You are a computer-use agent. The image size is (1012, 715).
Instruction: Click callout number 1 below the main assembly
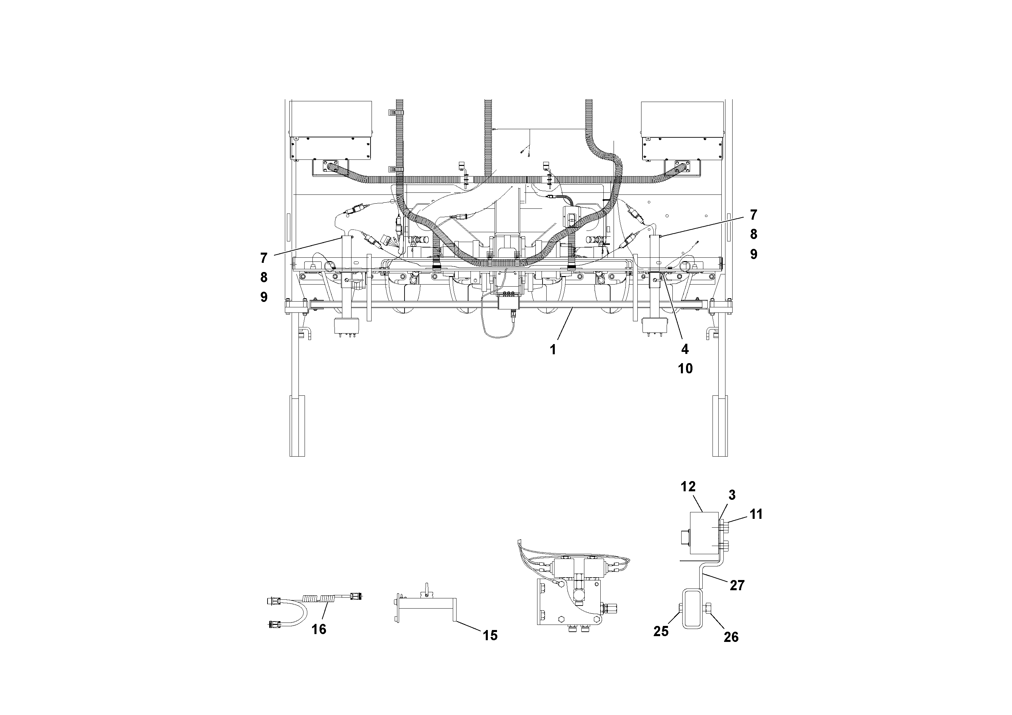pyautogui.click(x=553, y=350)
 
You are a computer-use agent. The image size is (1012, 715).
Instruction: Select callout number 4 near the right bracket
pyautogui.click(x=685, y=349)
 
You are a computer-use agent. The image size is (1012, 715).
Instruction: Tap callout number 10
pyautogui.click(x=685, y=369)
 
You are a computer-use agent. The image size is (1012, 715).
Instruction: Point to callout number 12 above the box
pyautogui.click(x=688, y=487)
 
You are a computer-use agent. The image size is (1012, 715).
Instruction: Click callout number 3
pyautogui.click(x=732, y=495)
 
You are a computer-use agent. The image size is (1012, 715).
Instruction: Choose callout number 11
pyautogui.click(x=756, y=514)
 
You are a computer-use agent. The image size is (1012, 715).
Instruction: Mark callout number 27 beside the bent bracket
pyautogui.click(x=737, y=585)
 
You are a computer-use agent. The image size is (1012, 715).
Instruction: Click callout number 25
pyautogui.click(x=661, y=632)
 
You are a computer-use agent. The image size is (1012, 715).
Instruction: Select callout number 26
pyautogui.click(x=731, y=637)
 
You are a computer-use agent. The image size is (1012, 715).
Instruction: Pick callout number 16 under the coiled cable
pyautogui.click(x=319, y=629)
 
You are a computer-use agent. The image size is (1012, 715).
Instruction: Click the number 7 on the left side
pyautogui.click(x=263, y=257)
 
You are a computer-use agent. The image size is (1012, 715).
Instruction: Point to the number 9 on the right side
pyautogui.click(x=754, y=254)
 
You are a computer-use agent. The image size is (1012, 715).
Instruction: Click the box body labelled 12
pyautogui.click(x=704, y=533)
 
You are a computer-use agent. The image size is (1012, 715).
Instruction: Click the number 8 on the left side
pyautogui.click(x=263, y=277)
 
